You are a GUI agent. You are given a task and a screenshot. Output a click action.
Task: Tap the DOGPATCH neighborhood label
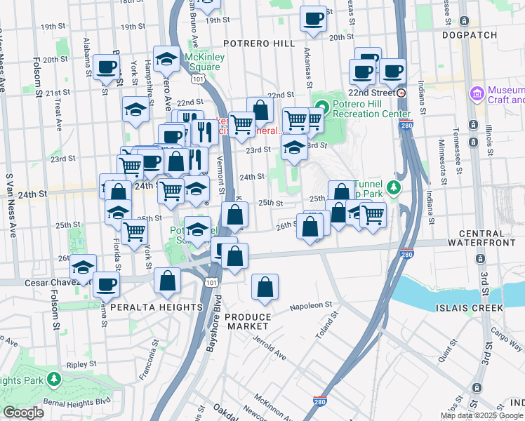(x=470, y=34)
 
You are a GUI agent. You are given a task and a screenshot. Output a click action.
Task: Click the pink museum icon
(x=477, y=93)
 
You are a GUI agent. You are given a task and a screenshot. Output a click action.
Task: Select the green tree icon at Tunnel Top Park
(x=394, y=187)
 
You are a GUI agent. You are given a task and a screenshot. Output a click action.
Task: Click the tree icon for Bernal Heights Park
(x=53, y=380)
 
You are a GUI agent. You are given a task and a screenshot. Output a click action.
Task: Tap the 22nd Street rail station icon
(x=401, y=93)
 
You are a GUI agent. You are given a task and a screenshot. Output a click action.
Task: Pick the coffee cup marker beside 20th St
(x=314, y=18)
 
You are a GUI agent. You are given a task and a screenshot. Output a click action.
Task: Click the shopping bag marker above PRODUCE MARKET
(x=265, y=287)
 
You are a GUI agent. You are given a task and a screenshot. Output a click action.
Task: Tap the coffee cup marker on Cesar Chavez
(x=106, y=284)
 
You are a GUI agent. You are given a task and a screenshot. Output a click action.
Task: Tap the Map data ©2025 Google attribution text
(x=481, y=415)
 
